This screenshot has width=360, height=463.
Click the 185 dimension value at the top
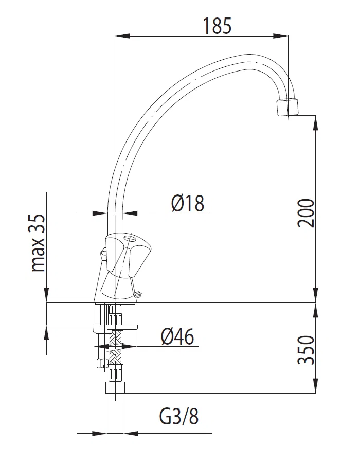(217, 26)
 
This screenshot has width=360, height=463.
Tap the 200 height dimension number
(305, 213)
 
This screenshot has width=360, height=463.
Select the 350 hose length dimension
(305, 350)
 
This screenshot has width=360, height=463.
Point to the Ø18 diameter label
(188, 203)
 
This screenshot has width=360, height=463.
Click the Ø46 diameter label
(177, 336)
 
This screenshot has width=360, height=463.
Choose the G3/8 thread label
(179, 416)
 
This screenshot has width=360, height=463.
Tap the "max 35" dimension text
(39, 242)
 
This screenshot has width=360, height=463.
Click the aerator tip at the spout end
(287, 108)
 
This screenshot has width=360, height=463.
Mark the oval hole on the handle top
(130, 239)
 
